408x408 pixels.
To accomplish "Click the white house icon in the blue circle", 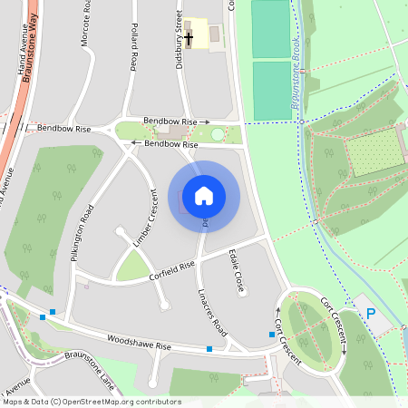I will pos(204,196).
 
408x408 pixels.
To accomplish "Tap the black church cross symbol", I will pos(189,38).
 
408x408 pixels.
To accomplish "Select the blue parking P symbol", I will pos(370,313).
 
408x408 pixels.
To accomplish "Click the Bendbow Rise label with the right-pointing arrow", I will pos(176,121).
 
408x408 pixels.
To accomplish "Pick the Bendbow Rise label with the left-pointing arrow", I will pos(165,143).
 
